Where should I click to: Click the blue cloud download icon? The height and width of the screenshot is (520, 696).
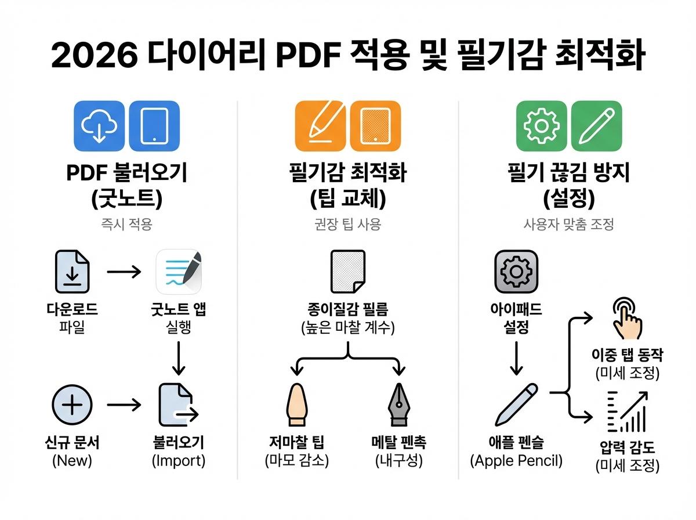coord(100,127)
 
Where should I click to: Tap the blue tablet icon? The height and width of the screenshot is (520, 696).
coord(154,127)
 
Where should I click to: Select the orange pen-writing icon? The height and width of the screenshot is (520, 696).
coord(320,127)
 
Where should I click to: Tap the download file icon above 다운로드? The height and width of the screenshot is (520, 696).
coord(72,272)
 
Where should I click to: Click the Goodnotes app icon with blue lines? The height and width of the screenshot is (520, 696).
coord(179,272)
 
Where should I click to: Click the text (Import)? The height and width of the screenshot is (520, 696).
coord(179,461)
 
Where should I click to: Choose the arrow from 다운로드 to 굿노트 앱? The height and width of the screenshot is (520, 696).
coord(124,272)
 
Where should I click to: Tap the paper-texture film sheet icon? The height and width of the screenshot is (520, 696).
coord(347,272)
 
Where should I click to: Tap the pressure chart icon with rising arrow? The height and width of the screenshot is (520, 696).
coord(627,411)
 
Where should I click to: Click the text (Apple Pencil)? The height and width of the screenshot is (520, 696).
coord(516,461)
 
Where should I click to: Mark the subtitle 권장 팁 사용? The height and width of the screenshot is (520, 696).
coord(348,225)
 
